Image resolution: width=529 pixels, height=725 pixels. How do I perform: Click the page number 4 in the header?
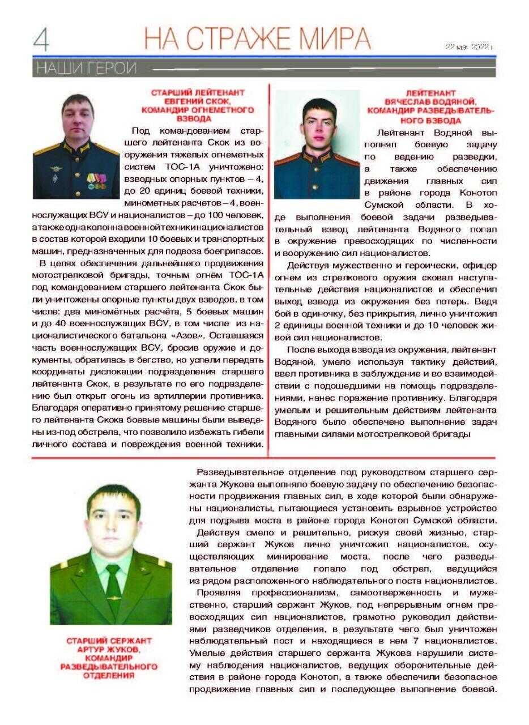point(41,40)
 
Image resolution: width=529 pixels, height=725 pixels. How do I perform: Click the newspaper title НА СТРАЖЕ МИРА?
point(258,39)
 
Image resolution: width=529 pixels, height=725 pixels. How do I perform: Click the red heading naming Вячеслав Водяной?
point(430,106)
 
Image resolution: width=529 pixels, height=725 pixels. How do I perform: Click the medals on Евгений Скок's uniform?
point(96,180)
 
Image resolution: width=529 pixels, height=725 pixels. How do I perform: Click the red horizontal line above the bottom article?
point(264,458)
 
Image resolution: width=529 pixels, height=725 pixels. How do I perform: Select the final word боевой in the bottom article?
point(480,689)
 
